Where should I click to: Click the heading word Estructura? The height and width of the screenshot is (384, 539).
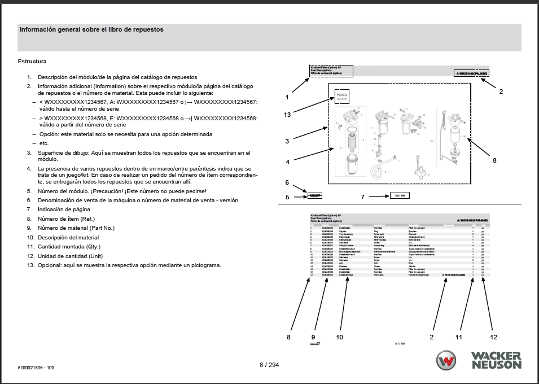(x=32, y=62)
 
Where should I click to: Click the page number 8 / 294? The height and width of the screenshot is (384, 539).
(x=269, y=365)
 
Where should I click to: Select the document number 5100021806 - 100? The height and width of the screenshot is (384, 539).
(x=36, y=368)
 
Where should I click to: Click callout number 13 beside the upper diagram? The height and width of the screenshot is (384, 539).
(x=288, y=115)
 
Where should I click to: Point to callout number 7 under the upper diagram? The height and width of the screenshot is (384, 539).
(x=363, y=197)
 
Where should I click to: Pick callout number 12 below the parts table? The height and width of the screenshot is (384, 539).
(x=494, y=337)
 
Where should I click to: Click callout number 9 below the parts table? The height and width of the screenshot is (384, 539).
(x=313, y=337)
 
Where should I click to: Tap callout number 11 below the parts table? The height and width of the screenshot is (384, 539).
(x=459, y=337)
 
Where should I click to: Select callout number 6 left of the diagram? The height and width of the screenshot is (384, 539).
(x=287, y=183)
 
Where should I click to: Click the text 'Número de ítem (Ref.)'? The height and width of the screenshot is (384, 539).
(x=66, y=219)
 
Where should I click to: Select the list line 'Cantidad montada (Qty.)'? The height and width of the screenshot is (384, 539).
(x=68, y=246)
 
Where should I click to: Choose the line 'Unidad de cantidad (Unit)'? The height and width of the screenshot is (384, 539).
(x=71, y=256)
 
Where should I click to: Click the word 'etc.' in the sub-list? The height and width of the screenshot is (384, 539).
(x=43, y=143)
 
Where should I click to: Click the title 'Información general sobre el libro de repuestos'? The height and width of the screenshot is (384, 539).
(x=91, y=30)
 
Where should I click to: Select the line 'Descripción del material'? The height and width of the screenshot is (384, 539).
(x=68, y=237)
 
